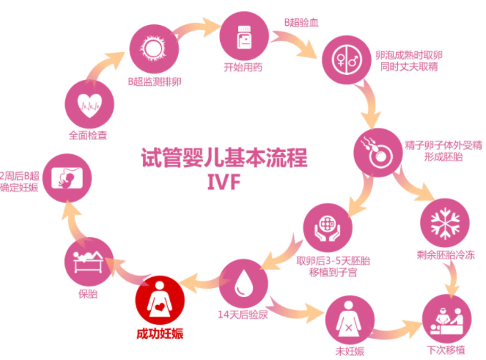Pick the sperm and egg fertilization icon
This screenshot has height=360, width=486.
point(377,151)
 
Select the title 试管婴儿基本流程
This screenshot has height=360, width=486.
point(224,157)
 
